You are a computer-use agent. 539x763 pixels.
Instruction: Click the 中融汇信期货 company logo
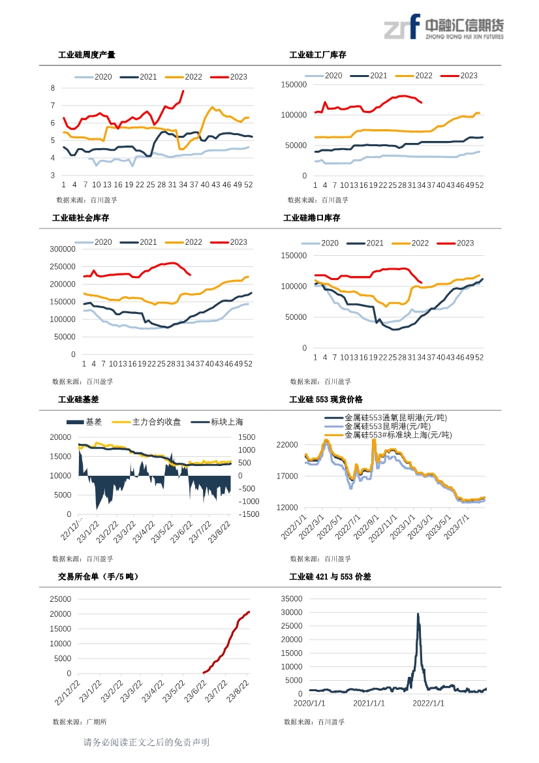point(444,27)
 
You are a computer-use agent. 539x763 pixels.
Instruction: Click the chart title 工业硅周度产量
point(87,55)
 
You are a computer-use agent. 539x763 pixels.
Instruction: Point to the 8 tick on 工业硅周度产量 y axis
point(53,88)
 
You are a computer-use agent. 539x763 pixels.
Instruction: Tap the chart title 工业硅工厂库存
point(318,55)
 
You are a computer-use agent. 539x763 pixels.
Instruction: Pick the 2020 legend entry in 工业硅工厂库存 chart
point(324,76)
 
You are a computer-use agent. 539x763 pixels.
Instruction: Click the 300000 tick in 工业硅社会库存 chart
point(63,249)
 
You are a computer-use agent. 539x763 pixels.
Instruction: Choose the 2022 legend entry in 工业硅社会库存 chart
point(184,242)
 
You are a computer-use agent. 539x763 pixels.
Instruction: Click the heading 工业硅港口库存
point(312,218)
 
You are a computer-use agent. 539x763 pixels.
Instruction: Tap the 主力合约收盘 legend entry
point(146,422)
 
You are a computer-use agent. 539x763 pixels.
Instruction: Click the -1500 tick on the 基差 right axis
point(249,514)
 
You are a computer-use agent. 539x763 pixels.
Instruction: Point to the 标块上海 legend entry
point(217,422)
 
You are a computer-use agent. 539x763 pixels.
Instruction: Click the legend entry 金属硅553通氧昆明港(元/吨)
point(386,418)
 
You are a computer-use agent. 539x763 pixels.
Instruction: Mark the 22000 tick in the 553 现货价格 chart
point(287,444)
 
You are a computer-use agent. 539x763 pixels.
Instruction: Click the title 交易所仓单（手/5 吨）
point(99,576)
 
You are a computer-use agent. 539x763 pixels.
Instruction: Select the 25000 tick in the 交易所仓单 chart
point(60,599)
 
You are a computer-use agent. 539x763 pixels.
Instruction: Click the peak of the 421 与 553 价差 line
point(418,614)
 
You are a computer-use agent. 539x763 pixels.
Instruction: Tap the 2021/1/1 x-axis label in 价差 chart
point(369,703)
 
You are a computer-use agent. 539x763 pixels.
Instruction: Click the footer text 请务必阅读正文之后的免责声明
point(146,742)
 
